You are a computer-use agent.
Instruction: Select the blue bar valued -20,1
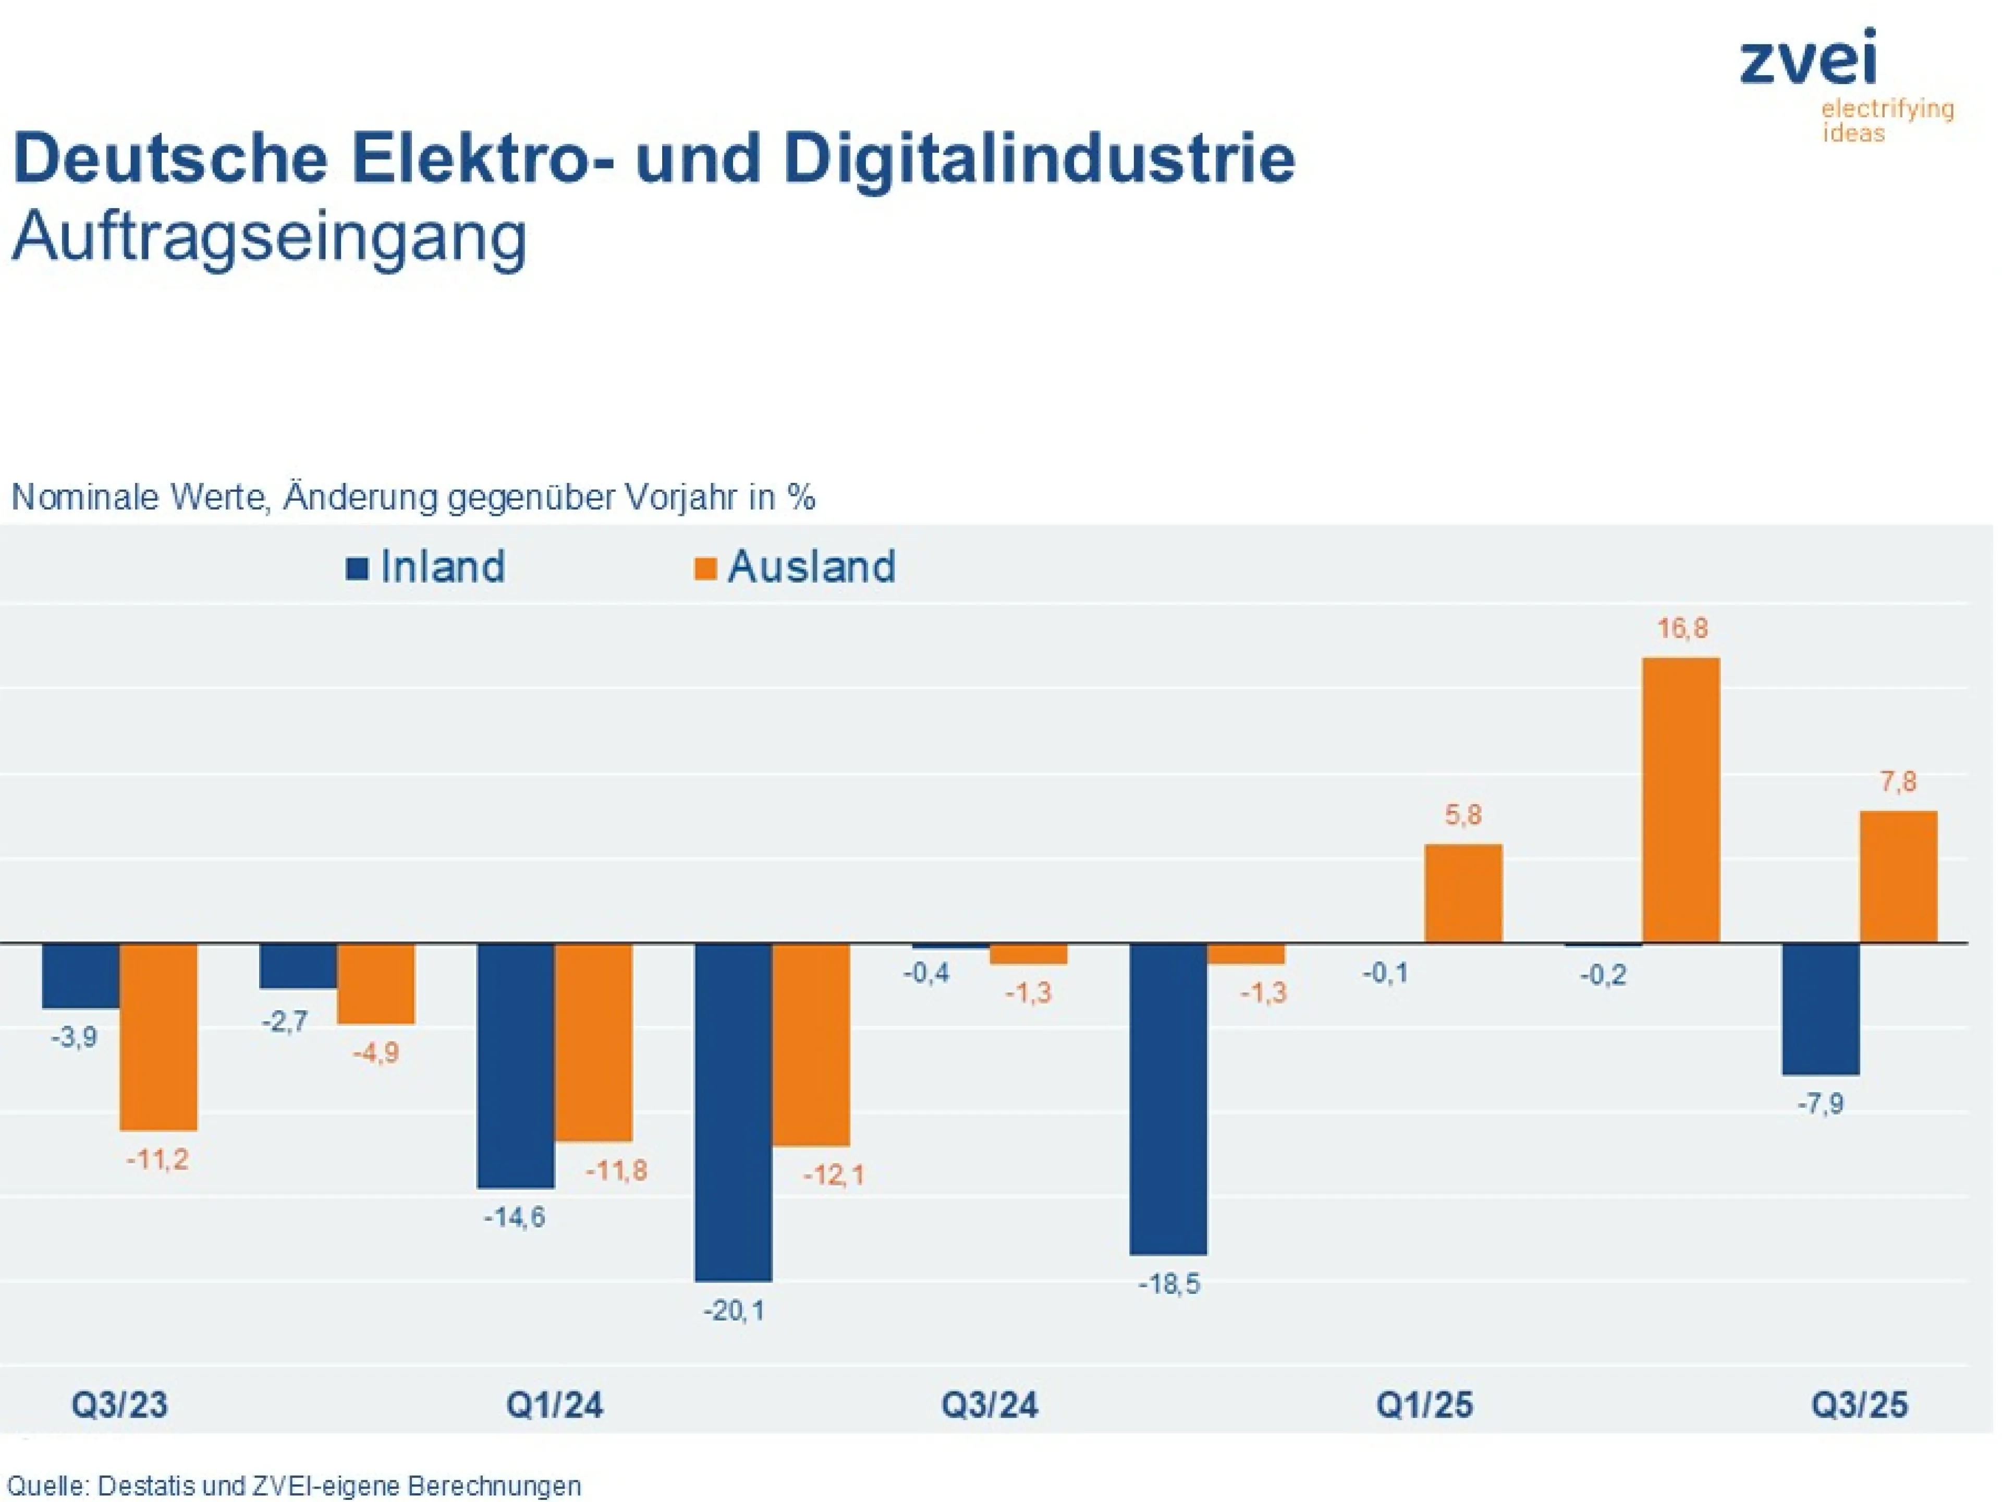point(733,1112)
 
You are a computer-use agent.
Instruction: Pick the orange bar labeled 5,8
point(1463,893)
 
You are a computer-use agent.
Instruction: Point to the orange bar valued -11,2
point(158,1037)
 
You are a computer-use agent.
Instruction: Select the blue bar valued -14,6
point(516,1065)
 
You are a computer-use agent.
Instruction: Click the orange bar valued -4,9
point(375,984)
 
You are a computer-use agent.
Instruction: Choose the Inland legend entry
point(425,567)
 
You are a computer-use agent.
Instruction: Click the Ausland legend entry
point(795,567)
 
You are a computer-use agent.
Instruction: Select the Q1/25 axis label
point(1424,1405)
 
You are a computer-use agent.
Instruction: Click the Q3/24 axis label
point(989,1405)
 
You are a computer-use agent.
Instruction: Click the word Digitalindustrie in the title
point(1039,159)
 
